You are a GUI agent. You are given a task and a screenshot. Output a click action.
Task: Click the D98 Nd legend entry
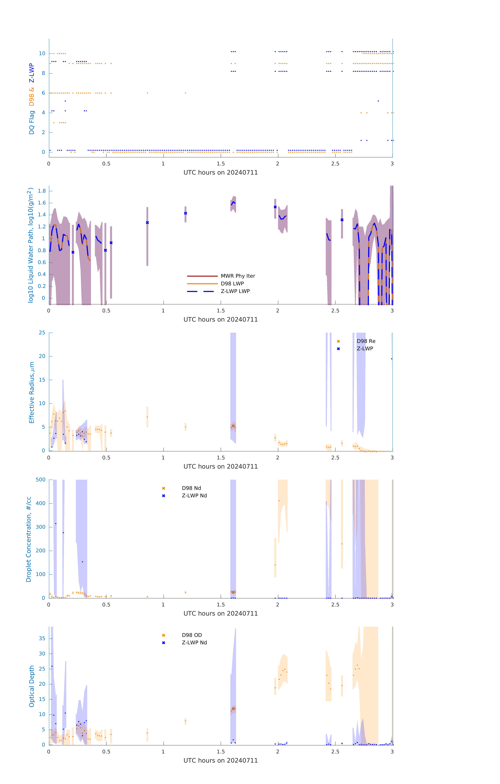(x=191, y=488)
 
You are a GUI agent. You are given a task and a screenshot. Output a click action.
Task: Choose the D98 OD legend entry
(x=192, y=635)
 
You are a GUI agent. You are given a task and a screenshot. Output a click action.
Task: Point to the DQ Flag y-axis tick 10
(x=42, y=53)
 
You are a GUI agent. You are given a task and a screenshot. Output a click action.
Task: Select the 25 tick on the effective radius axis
(x=42, y=333)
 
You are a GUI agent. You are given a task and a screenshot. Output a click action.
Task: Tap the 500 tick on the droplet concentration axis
(x=41, y=480)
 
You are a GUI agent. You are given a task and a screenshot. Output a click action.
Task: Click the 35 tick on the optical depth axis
(x=42, y=638)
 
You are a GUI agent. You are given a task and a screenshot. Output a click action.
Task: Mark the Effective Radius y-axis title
(x=32, y=392)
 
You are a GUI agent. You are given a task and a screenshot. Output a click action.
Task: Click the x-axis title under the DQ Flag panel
(x=221, y=173)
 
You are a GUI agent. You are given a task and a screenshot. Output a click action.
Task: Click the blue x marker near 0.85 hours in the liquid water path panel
(x=147, y=223)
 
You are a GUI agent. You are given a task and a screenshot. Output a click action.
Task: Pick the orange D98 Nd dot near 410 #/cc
(x=279, y=501)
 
